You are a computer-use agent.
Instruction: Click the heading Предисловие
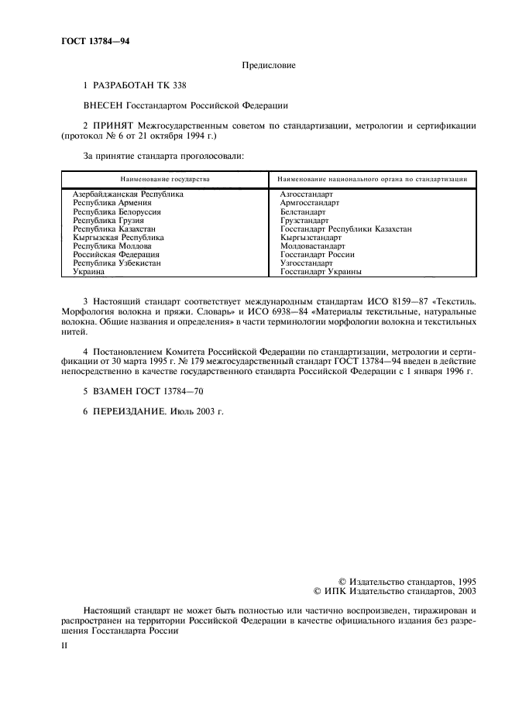(x=268, y=66)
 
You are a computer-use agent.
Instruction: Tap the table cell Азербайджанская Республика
(x=127, y=194)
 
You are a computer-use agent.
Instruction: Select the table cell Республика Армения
(x=112, y=203)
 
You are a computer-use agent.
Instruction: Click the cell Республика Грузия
(x=108, y=220)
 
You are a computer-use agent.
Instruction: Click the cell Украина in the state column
(x=88, y=272)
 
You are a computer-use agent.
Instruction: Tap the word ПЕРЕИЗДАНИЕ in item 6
(x=130, y=411)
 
